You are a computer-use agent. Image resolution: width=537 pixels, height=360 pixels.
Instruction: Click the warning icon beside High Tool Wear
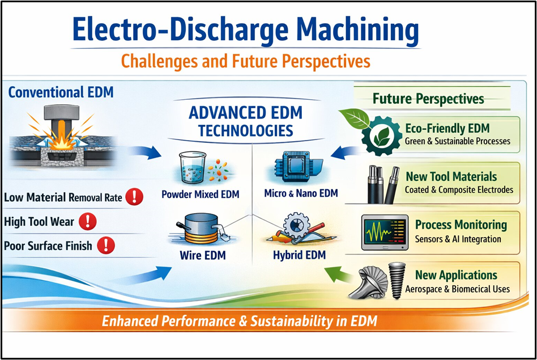[x=88, y=221]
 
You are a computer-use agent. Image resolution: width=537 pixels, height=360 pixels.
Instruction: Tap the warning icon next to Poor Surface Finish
[x=106, y=245]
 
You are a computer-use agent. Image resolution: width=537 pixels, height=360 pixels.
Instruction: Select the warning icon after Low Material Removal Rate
[x=134, y=197]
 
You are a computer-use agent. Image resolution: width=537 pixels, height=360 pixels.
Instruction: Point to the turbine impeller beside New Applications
[x=369, y=283]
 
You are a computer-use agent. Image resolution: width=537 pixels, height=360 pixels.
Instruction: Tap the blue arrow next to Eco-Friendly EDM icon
[x=345, y=153]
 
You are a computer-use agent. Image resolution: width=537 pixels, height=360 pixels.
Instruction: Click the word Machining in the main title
[x=357, y=30]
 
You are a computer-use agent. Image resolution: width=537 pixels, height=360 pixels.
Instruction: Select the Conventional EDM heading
[x=61, y=92]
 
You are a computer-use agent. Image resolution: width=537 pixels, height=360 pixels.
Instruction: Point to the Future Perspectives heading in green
[x=428, y=99]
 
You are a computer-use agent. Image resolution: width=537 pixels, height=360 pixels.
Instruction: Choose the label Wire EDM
[x=203, y=256]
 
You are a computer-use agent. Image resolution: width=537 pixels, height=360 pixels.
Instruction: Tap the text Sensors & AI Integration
[x=458, y=239]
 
